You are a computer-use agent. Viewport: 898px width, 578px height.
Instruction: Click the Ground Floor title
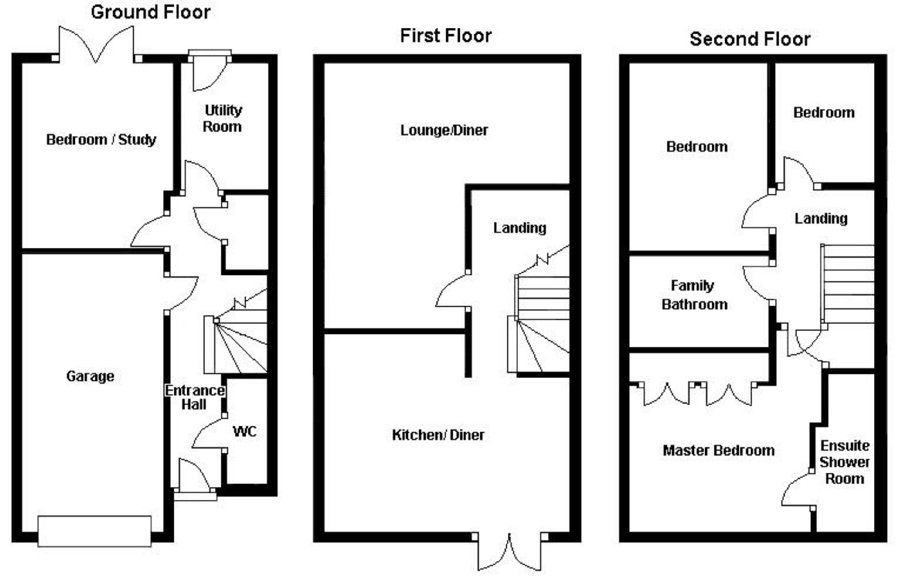[x=150, y=12]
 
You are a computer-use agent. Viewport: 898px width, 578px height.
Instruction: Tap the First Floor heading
[x=446, y=35]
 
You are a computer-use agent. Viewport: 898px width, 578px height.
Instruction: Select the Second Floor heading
[x=750, y=39]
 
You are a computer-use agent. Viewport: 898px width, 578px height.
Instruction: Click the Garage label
[x=90, y=376]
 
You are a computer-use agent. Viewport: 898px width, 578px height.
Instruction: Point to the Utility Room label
[x=223, y=118]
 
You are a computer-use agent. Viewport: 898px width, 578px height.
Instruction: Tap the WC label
[x=244, y=431]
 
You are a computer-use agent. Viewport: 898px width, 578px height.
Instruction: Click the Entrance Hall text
[x=195, y=397]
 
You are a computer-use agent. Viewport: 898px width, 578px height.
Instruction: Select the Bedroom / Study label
[x=101, y=140]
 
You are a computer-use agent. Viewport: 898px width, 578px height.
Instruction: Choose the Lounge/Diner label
[x=444, y=130]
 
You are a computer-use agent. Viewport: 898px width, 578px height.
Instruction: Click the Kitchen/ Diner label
[x=438, y=435]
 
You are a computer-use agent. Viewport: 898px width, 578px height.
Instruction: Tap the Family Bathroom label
[x=694, y=295]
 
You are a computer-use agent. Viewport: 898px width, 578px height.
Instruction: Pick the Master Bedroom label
[x=718, y=451]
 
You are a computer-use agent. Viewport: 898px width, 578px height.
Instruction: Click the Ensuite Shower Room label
[x=844, y=462]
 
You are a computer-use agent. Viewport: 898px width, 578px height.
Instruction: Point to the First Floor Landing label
[x=520, y=228]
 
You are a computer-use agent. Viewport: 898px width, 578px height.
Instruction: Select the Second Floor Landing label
[x=821, y=218]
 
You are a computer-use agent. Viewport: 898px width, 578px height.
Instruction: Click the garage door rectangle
[x=94, y=531]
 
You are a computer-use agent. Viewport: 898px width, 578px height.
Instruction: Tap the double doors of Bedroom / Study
[x=96, y=44]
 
